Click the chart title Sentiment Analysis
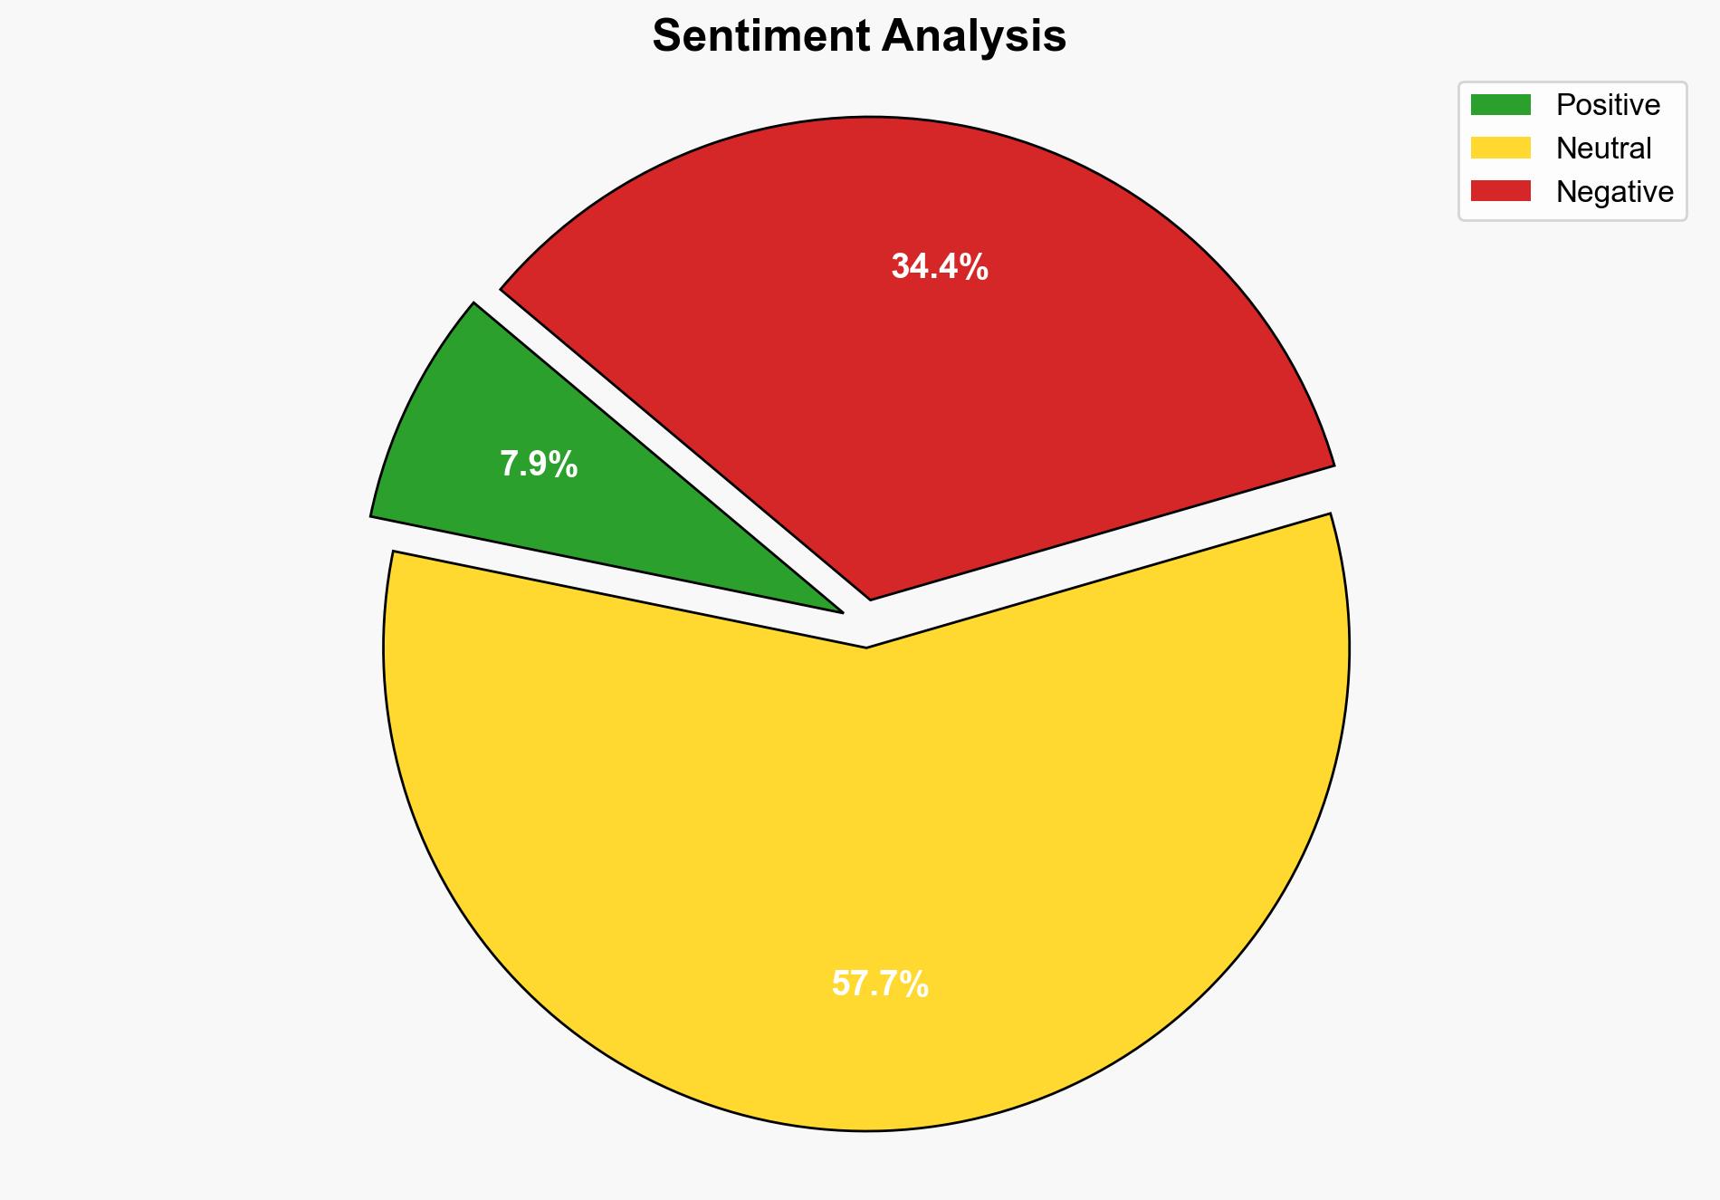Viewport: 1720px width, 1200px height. point(859,36)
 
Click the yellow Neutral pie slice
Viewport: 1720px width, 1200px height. point(866,860)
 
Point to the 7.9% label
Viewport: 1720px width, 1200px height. point(539,465)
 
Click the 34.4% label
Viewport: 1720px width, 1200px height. point(940,266)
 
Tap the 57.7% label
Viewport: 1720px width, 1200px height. point(880,984)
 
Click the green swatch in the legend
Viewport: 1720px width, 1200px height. point(1500,105)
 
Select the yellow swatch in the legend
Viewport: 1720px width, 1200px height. point(1500,148)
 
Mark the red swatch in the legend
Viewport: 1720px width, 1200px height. point(1500,191)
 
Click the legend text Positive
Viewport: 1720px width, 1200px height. point(1608,105)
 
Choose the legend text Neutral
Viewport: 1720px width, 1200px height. point(1603,148)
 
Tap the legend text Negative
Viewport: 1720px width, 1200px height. point(1614,191)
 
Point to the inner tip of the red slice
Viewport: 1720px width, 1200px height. point(870,597)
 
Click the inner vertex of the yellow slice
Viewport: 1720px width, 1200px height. point(866,646)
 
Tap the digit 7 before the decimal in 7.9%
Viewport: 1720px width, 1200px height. point(510,465)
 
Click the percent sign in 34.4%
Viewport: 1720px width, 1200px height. point(976,266)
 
